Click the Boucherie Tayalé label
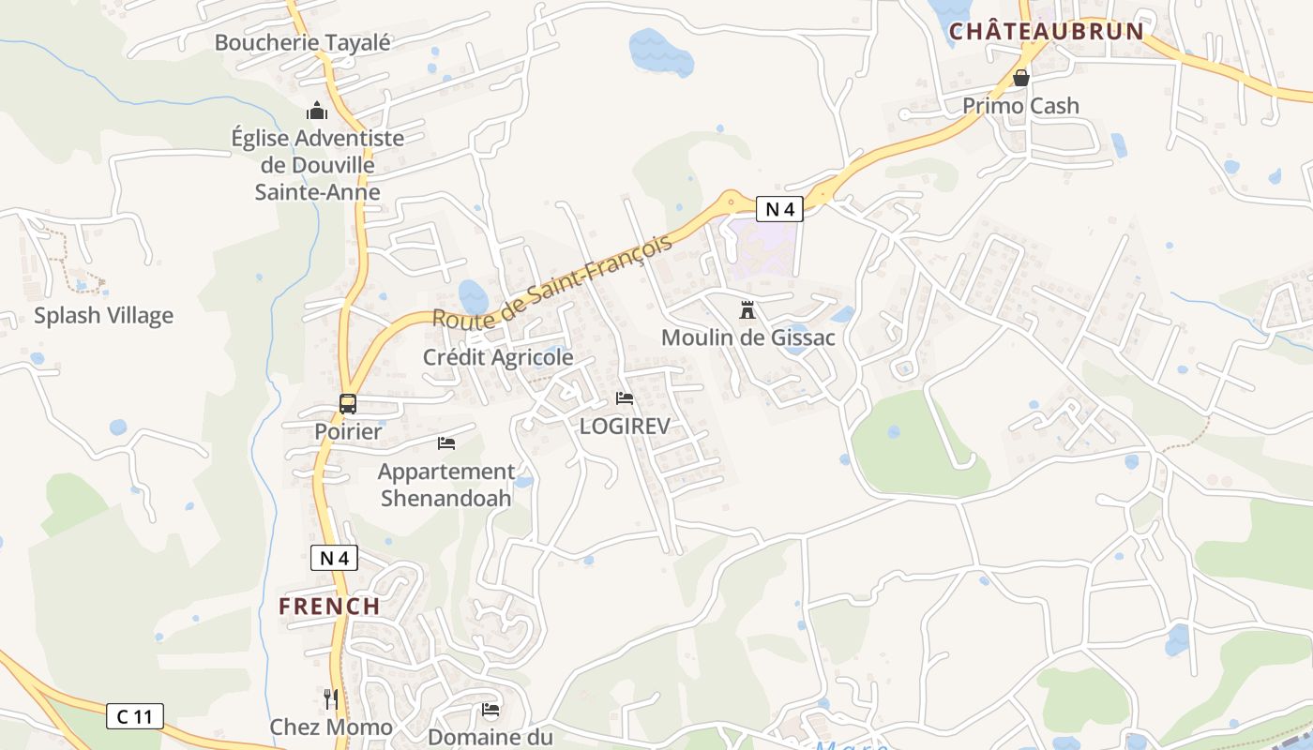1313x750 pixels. coord(302,42)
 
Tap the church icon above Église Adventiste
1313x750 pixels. coord(317,112)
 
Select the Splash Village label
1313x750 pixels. coord(103,315)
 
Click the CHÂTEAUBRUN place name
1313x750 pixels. coord(1047,31)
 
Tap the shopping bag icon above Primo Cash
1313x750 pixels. coord(1021,77)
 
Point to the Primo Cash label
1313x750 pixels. coord(1020,105)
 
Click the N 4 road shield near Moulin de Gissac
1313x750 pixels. coord(779,209)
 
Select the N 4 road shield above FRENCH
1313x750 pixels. coord(334,558)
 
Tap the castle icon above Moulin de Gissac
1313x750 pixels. coord(747,309)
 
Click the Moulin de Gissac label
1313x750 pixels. coord(747,337)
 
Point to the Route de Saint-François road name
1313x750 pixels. coord(553,281)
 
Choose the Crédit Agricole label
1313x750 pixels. coord(497,357)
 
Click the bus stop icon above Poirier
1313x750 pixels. coord(348,404)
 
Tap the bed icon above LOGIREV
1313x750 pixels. coord(625,398)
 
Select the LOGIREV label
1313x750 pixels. coord(625,427)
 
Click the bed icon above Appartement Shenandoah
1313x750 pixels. coord(446,442)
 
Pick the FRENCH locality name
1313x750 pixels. coord(329,606)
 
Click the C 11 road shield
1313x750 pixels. coord(135,717)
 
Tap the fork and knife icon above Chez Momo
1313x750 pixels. coord(331,698)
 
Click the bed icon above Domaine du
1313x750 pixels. coord(490,710)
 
